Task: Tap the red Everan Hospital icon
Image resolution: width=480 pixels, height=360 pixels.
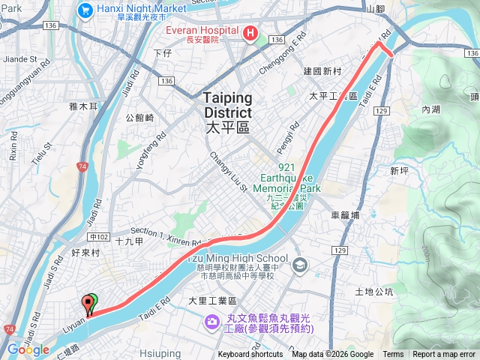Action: point(250,33)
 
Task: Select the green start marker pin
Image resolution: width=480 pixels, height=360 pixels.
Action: point(91,303)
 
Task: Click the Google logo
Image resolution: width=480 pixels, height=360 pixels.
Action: point(28,350)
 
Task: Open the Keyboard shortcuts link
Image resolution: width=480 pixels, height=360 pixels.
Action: point(250,355)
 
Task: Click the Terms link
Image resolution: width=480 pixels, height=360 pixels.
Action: point(393,355)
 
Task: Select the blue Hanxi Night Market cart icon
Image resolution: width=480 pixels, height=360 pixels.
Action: point(84,10)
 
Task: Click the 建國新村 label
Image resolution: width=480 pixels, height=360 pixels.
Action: point(322,71)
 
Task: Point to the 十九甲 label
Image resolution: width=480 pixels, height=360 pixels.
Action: point(130,240)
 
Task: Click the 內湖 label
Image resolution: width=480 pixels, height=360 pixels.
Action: point(430,109)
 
